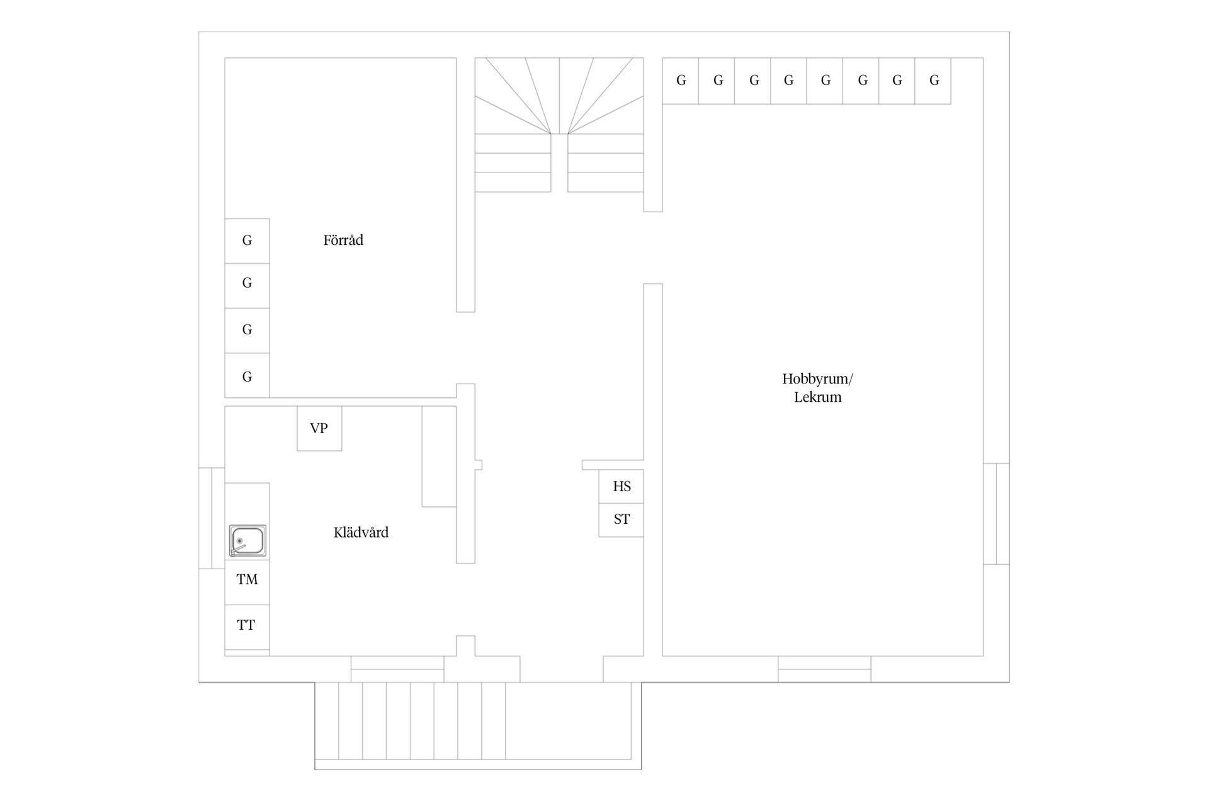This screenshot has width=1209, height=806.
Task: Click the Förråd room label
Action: [x=343, y=240]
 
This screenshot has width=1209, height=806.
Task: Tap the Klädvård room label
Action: [x=361, y=532]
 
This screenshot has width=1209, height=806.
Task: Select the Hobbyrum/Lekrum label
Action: [x=817, y=387]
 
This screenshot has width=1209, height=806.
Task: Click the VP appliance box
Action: [x=319, y=428]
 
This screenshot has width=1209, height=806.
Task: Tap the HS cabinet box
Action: [x=621, y=486]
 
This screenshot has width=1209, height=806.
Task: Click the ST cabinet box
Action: [x=621, y=519]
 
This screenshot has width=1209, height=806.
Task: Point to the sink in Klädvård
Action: [x=247, y=541]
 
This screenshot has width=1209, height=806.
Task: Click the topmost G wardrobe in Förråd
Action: [x=247, y=241]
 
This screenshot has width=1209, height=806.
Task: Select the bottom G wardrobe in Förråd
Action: [x=247, y=375]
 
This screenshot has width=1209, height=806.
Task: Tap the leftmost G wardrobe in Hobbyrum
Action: [x=680, y=81]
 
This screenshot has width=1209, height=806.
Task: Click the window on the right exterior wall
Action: [x=996, y=514]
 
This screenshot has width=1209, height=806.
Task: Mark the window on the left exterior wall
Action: [x=212, y=518]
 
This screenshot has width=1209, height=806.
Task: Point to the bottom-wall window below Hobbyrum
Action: [x=824, y=669]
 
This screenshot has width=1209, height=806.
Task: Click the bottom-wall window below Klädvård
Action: [x=397, y=669]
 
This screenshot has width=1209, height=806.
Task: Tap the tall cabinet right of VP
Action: [x=439, y=457]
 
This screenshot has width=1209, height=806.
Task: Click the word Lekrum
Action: [x=817, y=397]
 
